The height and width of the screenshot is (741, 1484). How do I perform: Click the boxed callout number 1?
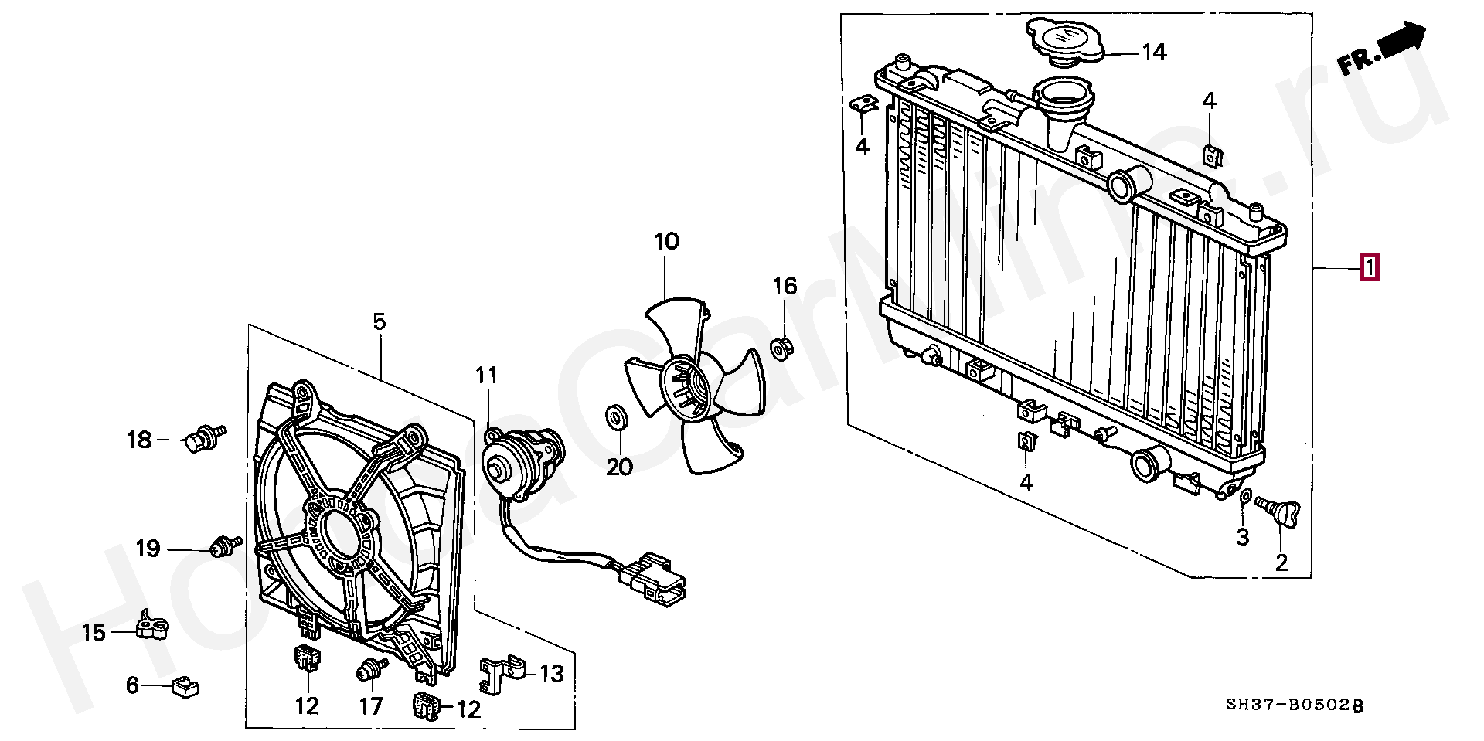[1369, 268]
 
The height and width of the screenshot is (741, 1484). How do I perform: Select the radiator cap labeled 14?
[1063, 40]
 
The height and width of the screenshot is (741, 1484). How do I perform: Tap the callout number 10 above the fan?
[666, 242]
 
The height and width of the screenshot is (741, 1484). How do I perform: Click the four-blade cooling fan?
[693, 386]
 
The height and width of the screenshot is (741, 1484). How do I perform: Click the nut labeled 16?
[781, 348]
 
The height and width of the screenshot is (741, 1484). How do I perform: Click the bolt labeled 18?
[203, 438]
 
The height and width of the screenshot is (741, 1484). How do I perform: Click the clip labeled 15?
[151, 626]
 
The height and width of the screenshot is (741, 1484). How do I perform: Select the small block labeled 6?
[185, 685]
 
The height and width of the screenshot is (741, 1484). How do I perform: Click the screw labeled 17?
[372, 670]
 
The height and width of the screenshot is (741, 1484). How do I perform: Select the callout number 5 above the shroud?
[379, 321]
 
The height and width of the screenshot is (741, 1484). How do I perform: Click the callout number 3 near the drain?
[1242, 537]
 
